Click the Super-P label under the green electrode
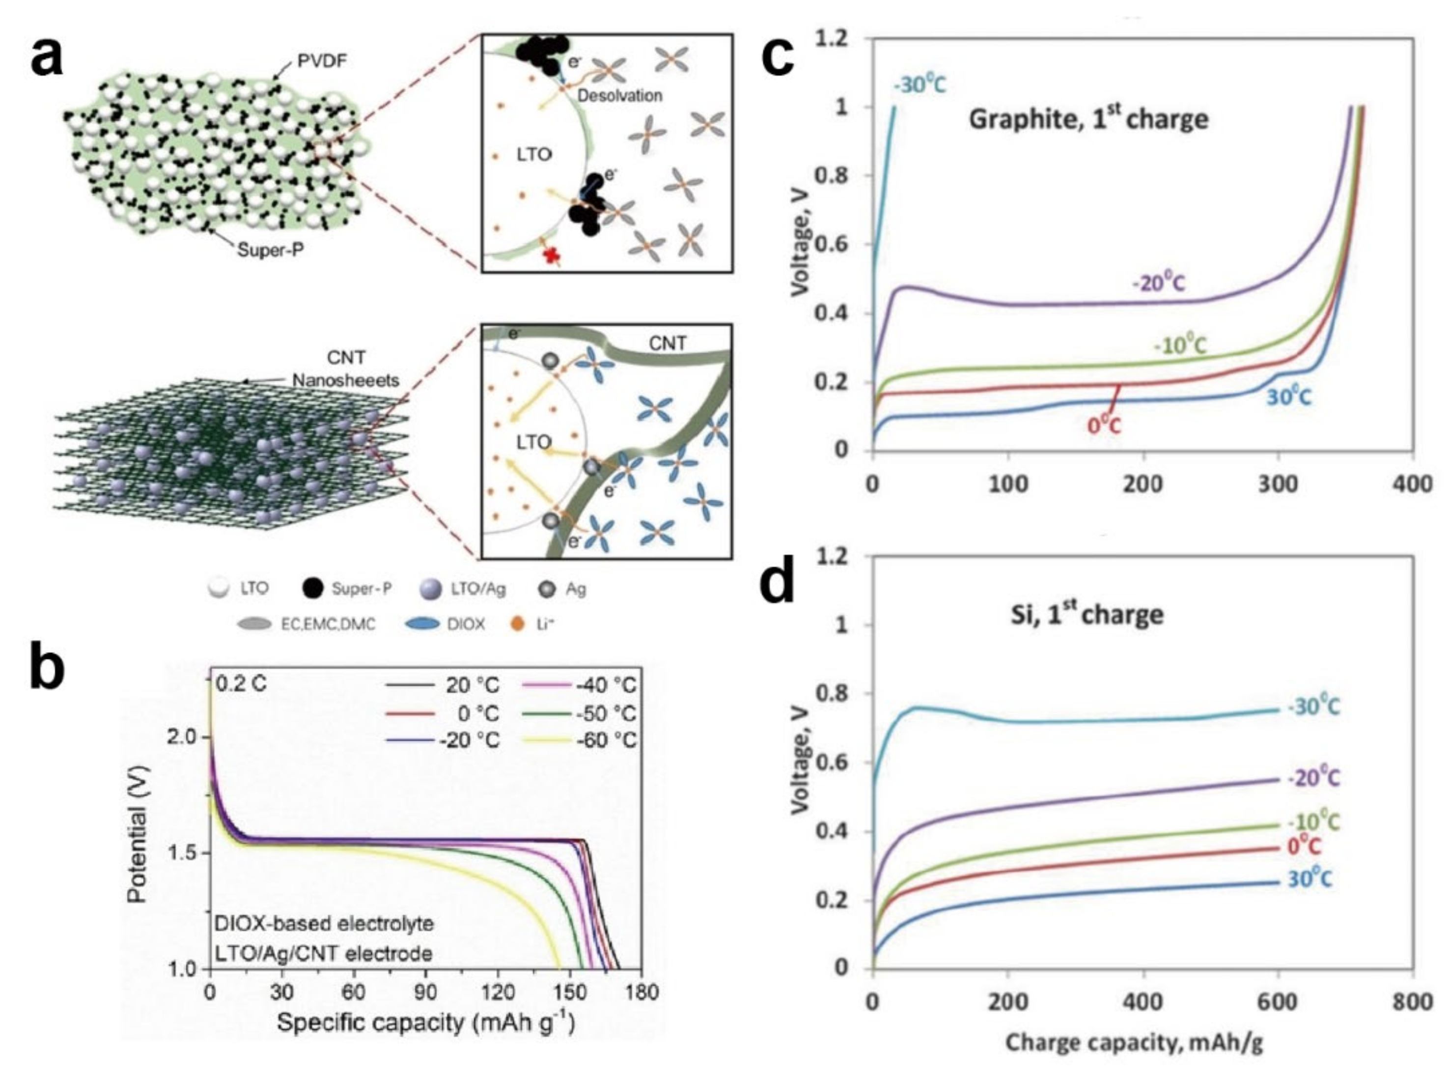270,250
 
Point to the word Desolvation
620,95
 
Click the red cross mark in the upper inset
553,256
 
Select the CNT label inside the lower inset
668,343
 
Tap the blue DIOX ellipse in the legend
422,624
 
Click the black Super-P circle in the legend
313,588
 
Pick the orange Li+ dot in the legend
518,624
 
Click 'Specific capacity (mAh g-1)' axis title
425,1022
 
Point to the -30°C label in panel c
919,85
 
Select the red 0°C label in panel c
1104,425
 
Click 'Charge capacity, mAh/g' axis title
1134,1043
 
